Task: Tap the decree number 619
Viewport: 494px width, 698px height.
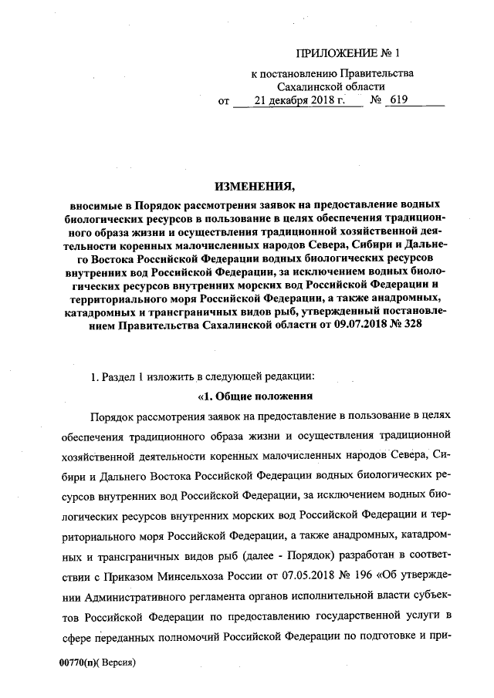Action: [399, 100]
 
